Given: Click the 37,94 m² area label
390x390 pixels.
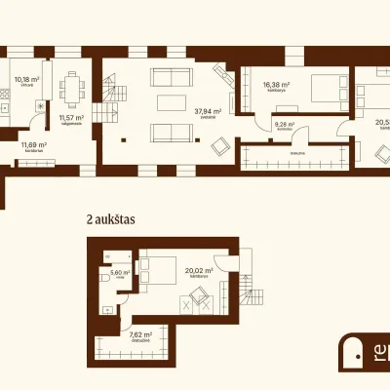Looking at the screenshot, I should coord(207,112).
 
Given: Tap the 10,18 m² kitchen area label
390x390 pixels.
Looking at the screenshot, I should coord(27,81).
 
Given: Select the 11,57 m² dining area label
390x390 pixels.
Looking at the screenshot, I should coord(71,119).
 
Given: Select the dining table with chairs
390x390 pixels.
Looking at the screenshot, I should coord(71,88).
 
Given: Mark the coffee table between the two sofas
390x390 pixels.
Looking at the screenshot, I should coord(171,105).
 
